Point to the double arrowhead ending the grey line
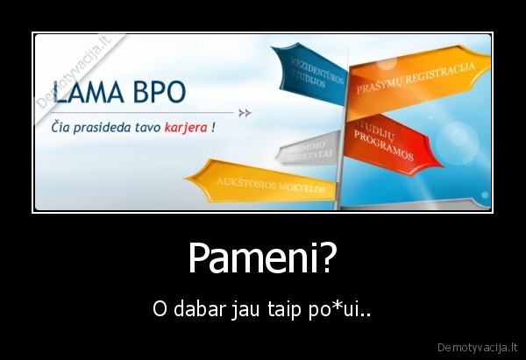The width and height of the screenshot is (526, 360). (245, 113)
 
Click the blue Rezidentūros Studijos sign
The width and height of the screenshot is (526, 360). (302, 73)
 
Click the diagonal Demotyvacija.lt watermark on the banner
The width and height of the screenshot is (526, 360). (77, 71)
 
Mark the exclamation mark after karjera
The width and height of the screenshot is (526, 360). (214, 126)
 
